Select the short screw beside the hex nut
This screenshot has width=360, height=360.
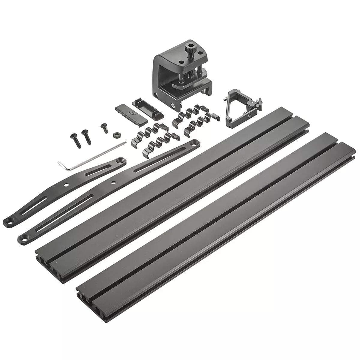point(104,127)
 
